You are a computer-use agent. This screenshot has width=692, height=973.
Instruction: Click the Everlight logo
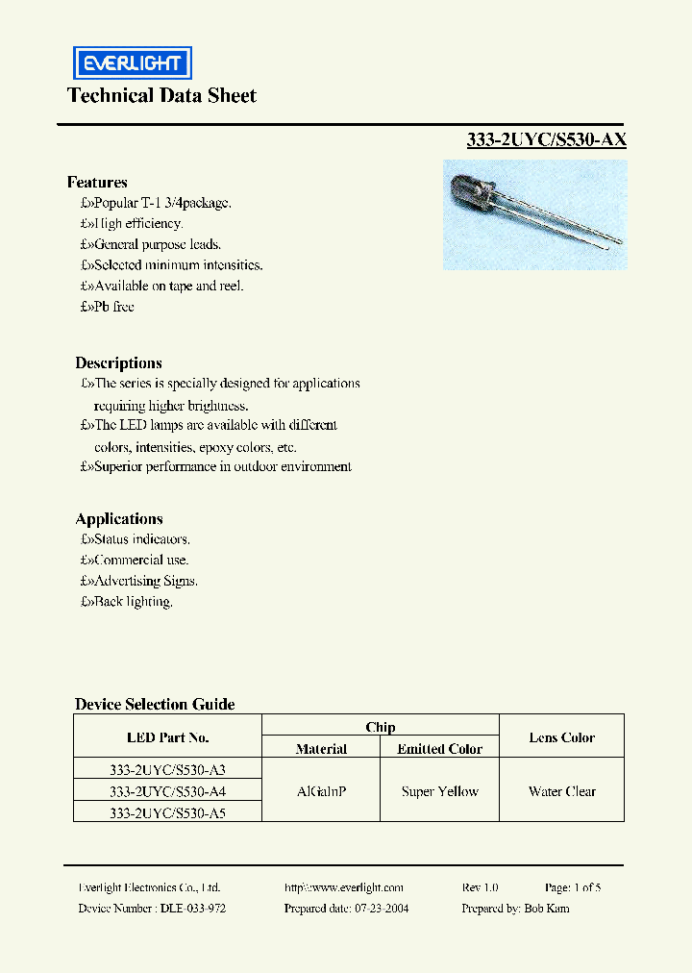coord(133,63)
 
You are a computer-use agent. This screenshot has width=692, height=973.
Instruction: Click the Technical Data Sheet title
coord(161,95)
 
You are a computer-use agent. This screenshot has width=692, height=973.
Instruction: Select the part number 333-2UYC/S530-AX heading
coord(546,139)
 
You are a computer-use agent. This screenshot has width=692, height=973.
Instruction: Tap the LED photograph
coord(534,214)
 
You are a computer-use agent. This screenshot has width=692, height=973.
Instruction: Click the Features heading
coord(97,182)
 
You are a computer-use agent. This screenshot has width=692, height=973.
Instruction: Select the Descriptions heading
coord(118,362)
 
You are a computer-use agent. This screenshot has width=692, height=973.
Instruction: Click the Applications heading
coord(119,518)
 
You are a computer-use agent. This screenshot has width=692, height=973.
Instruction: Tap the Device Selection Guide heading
coord(155,704)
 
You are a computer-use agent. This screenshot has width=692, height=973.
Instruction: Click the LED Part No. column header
coord(167,737)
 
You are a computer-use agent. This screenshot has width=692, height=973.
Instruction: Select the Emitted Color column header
coord(440,749)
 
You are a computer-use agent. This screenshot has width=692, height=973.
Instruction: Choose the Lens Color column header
coord(561,737)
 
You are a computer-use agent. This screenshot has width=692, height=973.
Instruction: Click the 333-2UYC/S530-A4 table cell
coord(167,791)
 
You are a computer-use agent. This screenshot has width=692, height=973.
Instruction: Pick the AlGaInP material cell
coord(321,791)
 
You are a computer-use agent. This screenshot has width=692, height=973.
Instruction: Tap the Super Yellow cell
coord(440,791)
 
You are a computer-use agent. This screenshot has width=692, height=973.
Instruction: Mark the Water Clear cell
coord(561,791)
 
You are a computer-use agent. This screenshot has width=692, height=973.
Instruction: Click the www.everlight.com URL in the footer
coord(344,887)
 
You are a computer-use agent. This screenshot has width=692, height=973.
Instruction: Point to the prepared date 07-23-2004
coord(381,909)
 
